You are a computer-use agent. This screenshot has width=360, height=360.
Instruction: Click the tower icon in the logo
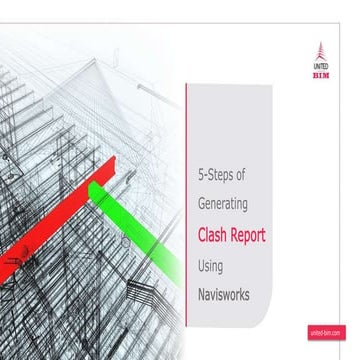pos(321,50)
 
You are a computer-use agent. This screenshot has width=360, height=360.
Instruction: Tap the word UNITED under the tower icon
pos(321,66)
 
